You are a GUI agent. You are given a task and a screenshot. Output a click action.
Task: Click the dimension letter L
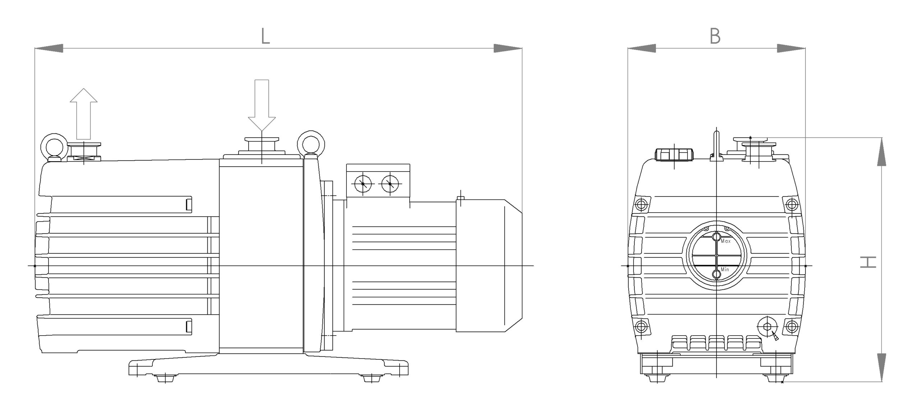(x=265, y=36)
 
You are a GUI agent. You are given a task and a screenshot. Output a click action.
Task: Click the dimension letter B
(x=715, y=36)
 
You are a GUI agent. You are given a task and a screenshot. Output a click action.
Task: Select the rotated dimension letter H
(x=868, y=262)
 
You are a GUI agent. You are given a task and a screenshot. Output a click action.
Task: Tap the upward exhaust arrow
(x=83, y=114)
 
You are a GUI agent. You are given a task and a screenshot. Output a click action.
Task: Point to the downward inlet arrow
(x=262, y=105)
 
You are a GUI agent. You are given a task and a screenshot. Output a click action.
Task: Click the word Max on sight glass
(x=726, y=241)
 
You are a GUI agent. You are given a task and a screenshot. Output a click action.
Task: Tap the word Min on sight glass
(x=725, y=269)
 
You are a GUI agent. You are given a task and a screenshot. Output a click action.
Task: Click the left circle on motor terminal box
(x=363, y=185)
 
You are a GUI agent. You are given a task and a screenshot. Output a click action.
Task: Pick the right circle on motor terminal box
(x=390, y=185)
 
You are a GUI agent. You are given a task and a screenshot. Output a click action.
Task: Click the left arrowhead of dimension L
(x=49, y=48)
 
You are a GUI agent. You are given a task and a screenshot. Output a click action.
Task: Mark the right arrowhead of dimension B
(x=791, y=48)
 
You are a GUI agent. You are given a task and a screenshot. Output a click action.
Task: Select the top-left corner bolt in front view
(x=641, y=205)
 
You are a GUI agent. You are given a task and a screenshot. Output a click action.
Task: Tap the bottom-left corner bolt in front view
(x=641, y=327)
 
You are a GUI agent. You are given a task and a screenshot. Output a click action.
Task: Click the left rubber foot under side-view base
(x=165, y=378)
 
